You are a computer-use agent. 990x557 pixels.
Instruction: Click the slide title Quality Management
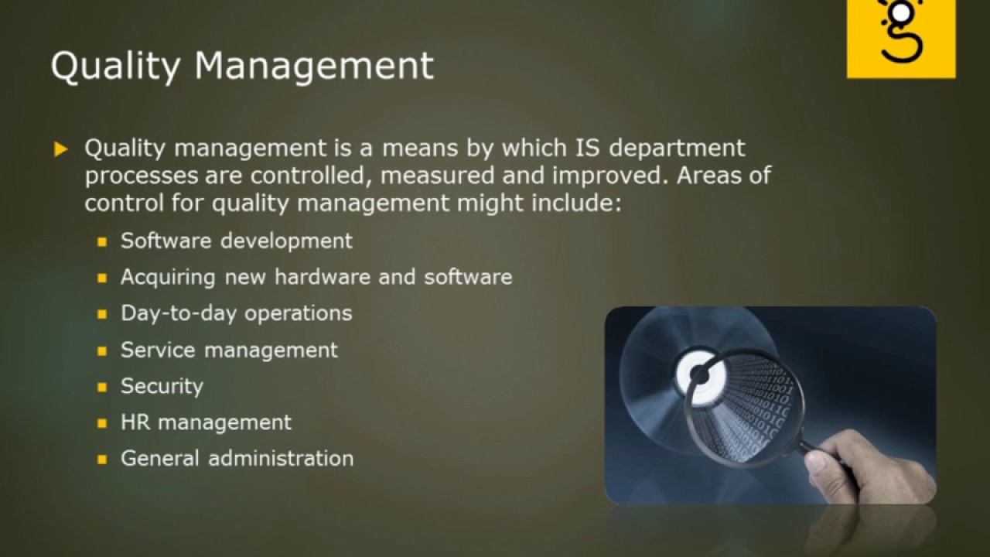click(x=242, y=66)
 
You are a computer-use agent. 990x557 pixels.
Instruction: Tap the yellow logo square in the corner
click(x=900, y=39)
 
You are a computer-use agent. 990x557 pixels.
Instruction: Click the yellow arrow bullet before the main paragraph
click(x=61, y=149)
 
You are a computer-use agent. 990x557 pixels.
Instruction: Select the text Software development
click(x=236, y=241)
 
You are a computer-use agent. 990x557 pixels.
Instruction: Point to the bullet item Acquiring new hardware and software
click(x=316, y=277)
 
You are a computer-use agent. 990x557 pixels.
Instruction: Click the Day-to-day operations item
click(x=236, y=313)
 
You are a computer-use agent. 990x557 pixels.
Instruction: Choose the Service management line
click(x=229, y=350)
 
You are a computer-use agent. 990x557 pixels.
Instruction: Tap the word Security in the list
click(x=162, y=386)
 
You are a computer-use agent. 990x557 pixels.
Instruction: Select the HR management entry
click(x=206, y=422)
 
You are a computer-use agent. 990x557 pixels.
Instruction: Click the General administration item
click(x=237, y=458)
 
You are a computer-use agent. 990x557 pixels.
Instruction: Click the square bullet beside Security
click(x=101, y=388)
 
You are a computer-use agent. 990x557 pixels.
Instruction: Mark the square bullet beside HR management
click(x=101, y=424)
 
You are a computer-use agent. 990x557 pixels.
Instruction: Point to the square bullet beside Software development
click(x=101, y=242)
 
